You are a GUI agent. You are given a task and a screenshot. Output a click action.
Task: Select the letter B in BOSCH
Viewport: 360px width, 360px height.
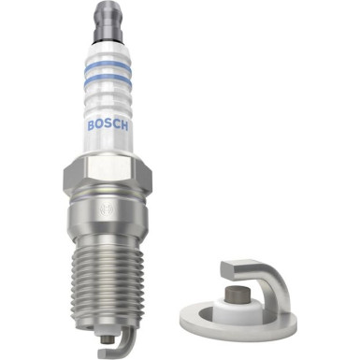click(x=92, y=125)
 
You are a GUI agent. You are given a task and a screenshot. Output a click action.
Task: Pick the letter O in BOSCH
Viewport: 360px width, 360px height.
click(x=99, y=125)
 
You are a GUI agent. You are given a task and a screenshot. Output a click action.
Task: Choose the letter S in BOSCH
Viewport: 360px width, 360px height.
click(x=107, y=125)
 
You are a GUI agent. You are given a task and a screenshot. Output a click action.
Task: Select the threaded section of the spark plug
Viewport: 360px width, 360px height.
click(x=108, y=290)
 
